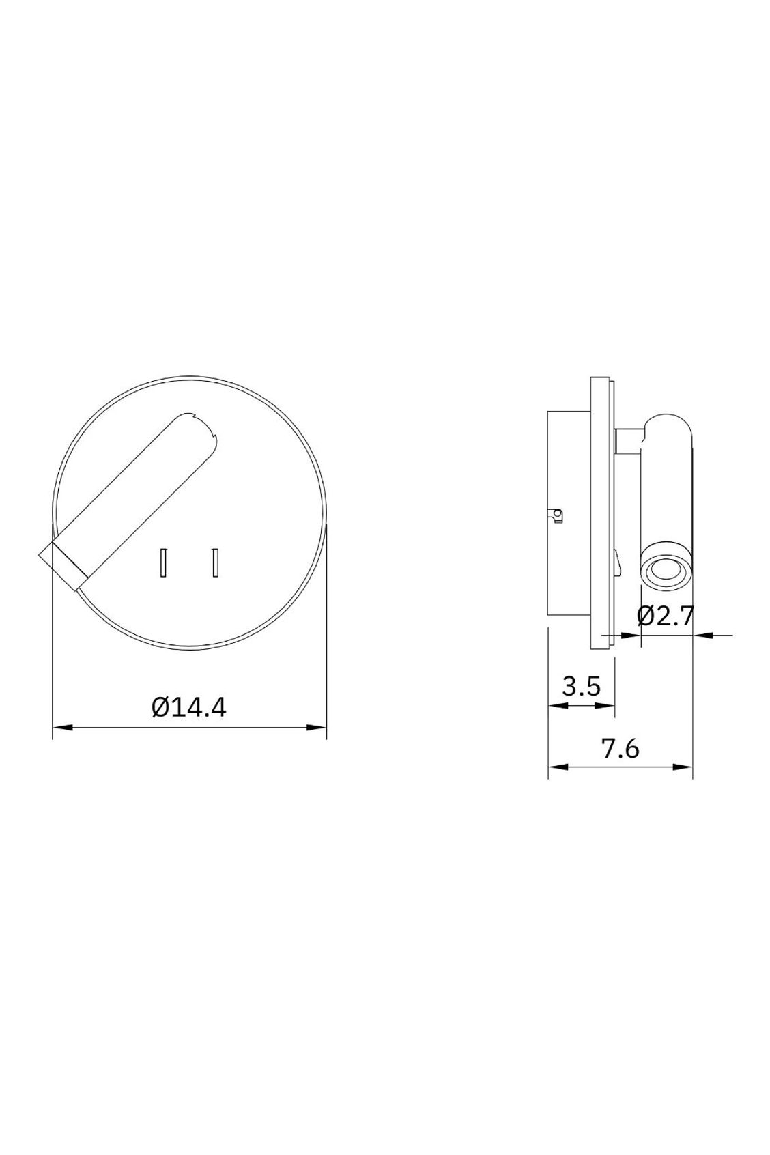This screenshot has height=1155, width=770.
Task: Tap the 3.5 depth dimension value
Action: pyautogui.click(x=581, y=686)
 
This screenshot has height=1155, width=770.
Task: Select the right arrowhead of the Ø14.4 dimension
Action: pyautogui.click(x=317, y=728)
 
